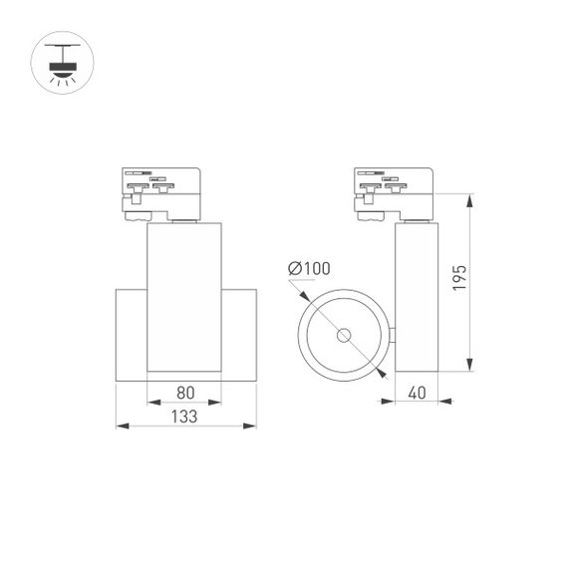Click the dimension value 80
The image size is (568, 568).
(184, 393)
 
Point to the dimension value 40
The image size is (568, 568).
(418, 393)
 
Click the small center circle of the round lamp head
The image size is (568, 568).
(344, 335)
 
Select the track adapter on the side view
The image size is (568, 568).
(393, 192)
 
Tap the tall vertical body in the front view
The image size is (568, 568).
(184, 299)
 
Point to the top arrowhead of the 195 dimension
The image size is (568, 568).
(470, 196)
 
